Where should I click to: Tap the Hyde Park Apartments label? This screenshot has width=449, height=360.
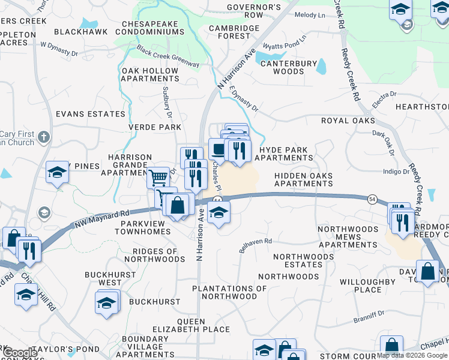pyautogui.click(x=283, y=154)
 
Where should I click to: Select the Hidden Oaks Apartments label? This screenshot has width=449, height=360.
pyautogui.click(x=303, y=179)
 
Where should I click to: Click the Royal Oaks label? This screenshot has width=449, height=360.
pyautogui.click(x=348, y=120)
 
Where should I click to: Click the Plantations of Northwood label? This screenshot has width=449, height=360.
pyautogui.click(x=229, y=292)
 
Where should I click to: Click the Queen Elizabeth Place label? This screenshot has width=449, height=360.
pyautogui.click(x=182, y=325)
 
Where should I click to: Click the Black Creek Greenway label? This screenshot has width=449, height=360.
pyautogui.click(x=168, y=56)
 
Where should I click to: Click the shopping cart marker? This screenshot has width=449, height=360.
pyautogui.click(x=158, y=178)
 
